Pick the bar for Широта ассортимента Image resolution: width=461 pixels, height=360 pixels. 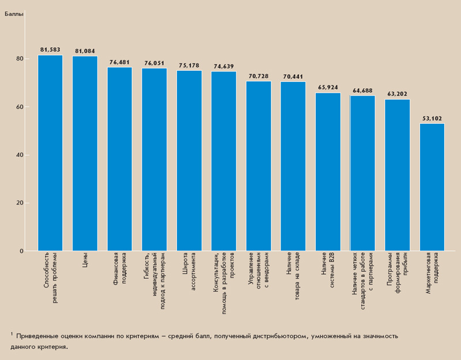click(x=189, y=161)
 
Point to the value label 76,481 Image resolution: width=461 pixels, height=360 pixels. click(x=120, y=62)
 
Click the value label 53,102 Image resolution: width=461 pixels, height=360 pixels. click(x=432, y=119)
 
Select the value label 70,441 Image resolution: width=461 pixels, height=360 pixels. click(x=293, y=77)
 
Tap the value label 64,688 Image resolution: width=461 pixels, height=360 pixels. click(x=362, y=90)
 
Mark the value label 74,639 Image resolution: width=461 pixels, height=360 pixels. click(x=224, y=66)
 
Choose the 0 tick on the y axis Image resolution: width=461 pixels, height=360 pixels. click(x=21, y=251)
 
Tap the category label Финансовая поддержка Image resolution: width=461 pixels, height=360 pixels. click(x=120, y=271)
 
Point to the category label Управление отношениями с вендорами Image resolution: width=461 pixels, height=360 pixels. click(x=258, y=275)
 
